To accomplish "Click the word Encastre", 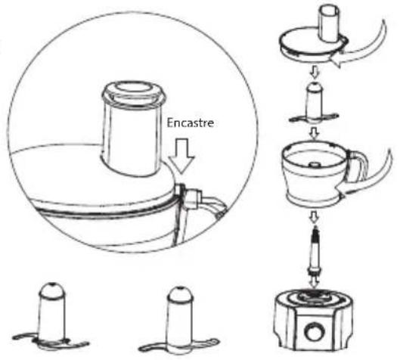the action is (x=191, y=123).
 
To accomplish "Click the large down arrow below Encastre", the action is (x=182, y=156).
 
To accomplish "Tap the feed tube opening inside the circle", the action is (x=134, y=89).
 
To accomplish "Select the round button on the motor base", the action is (x=314, y=332).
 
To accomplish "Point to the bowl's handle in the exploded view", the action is (x=357, y=166).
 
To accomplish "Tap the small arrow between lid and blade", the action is (x=315, y=73).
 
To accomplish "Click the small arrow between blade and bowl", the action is (x=315, y=132).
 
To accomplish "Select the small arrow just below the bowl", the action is (x=315, y=217).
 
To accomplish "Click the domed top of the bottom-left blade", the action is (x=51, y=290).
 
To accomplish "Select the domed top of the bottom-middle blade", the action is (x=181, y=294).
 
